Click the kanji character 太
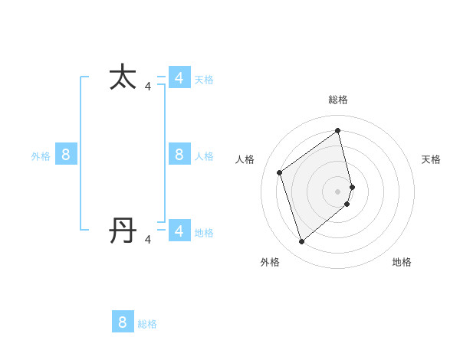(x=123, y=77)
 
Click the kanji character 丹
(x=123, y=230)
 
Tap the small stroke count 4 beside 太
(x=148, y=87)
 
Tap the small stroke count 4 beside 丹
(x=148, y=240)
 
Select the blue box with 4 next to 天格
(x=179, y=77)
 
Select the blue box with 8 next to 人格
(x=179, y=155)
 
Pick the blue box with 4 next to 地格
(x=179, y=231)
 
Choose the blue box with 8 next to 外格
(x=66, y=155)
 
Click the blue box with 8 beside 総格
(x=123, y=322)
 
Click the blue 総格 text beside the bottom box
(x=147, y=325)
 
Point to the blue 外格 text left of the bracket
(x=41, y=156)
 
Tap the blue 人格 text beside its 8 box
(x=204, y=156)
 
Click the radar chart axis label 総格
(x=338, y=100)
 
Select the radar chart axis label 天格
(x=431, y=159)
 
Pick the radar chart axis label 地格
(x=402, y=262)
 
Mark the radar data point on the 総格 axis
(x=338, y=130)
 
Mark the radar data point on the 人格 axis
(x=280, y=172)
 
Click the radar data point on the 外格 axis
(x=301, y=242)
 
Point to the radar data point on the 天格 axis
(x=352, y=186)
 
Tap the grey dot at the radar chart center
(x=338, y=191)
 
